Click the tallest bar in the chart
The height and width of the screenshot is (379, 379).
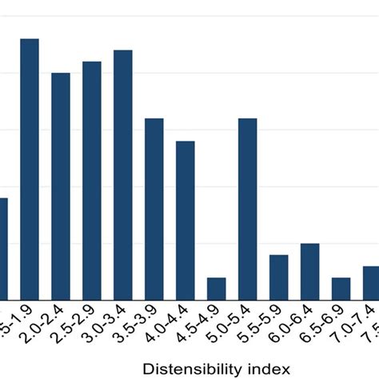[x=30, y=169]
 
